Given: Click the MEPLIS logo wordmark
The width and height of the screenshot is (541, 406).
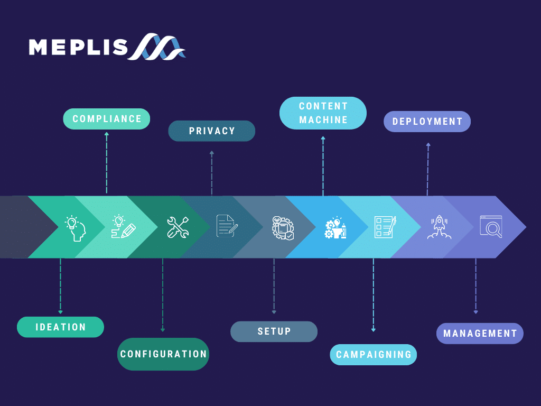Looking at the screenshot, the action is point(78,47).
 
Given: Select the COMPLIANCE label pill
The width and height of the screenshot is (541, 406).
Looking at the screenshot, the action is point(107,119).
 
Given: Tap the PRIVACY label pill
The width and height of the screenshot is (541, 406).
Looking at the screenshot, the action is point(211,131).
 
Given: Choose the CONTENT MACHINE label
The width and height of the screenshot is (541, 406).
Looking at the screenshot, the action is point(323,113).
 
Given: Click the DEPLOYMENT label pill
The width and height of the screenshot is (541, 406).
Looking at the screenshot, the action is point(427,122).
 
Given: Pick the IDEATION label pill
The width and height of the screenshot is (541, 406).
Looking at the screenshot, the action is point(60,327).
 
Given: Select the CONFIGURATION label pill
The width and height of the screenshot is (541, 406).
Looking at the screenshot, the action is point(163,354).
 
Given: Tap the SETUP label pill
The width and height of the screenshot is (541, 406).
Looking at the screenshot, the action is point(274,332).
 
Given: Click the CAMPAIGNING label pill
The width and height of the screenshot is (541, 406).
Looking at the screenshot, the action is point(374,355).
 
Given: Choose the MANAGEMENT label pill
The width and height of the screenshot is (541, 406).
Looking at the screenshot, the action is point(480,334).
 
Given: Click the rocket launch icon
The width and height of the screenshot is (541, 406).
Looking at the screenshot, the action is point(439,227).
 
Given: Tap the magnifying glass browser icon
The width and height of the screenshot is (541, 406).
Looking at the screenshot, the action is point(491,226).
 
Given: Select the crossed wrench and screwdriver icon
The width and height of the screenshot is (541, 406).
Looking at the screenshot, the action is point(178,227).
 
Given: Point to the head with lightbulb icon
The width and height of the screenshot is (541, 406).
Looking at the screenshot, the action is point(76,228).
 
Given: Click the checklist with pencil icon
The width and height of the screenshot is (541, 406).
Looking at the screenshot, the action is point(385,227).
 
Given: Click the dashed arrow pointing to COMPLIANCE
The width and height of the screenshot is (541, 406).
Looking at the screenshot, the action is point(107,163).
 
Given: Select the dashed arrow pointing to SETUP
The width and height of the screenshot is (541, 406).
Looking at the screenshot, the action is point(274,286).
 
